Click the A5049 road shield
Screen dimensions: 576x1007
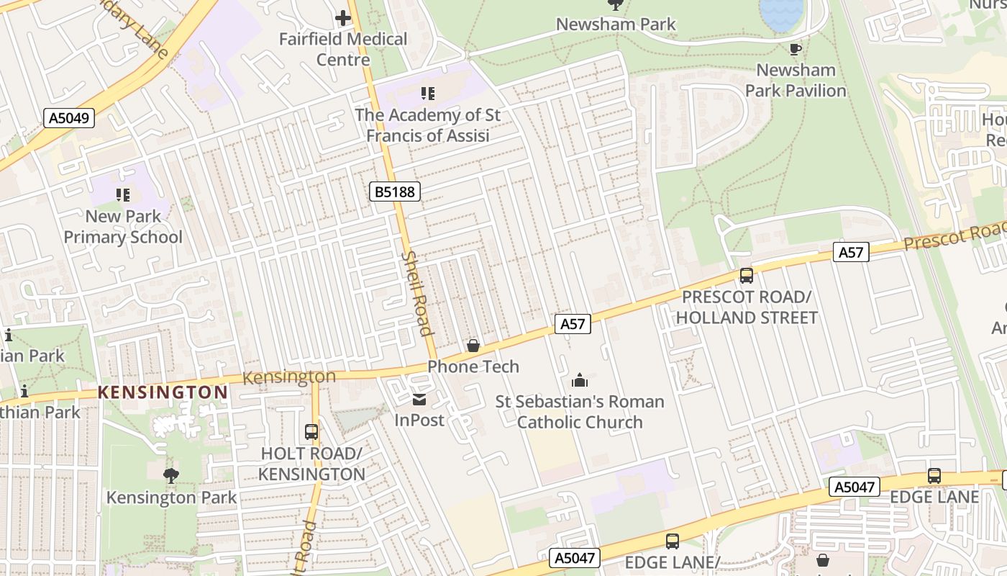point(70,118)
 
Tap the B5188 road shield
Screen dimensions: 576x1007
point(395,192)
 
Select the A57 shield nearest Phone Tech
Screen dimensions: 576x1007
point(573,324)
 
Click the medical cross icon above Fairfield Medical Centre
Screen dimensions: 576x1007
point(344,18)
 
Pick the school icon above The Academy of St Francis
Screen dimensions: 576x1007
point(428,94)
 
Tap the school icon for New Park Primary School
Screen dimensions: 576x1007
point(123,195)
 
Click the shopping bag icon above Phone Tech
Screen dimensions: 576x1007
point(473,346)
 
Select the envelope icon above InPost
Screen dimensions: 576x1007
point(419,400)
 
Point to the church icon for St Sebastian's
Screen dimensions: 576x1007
point(580,380)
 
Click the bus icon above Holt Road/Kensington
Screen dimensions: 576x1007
point(311,432)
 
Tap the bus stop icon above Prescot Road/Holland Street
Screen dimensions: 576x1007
point(747,276)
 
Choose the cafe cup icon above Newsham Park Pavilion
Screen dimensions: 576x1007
point(795,50)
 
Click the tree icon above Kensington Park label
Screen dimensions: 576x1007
point(171,475)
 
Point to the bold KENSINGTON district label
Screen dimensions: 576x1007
point(163,392)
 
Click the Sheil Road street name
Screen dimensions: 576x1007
point(418,293)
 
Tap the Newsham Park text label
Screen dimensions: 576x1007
point(616,24)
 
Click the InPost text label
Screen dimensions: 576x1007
point(419,419)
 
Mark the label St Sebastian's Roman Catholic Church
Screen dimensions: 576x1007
point(580,411)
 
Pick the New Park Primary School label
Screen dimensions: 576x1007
point(123,227)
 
